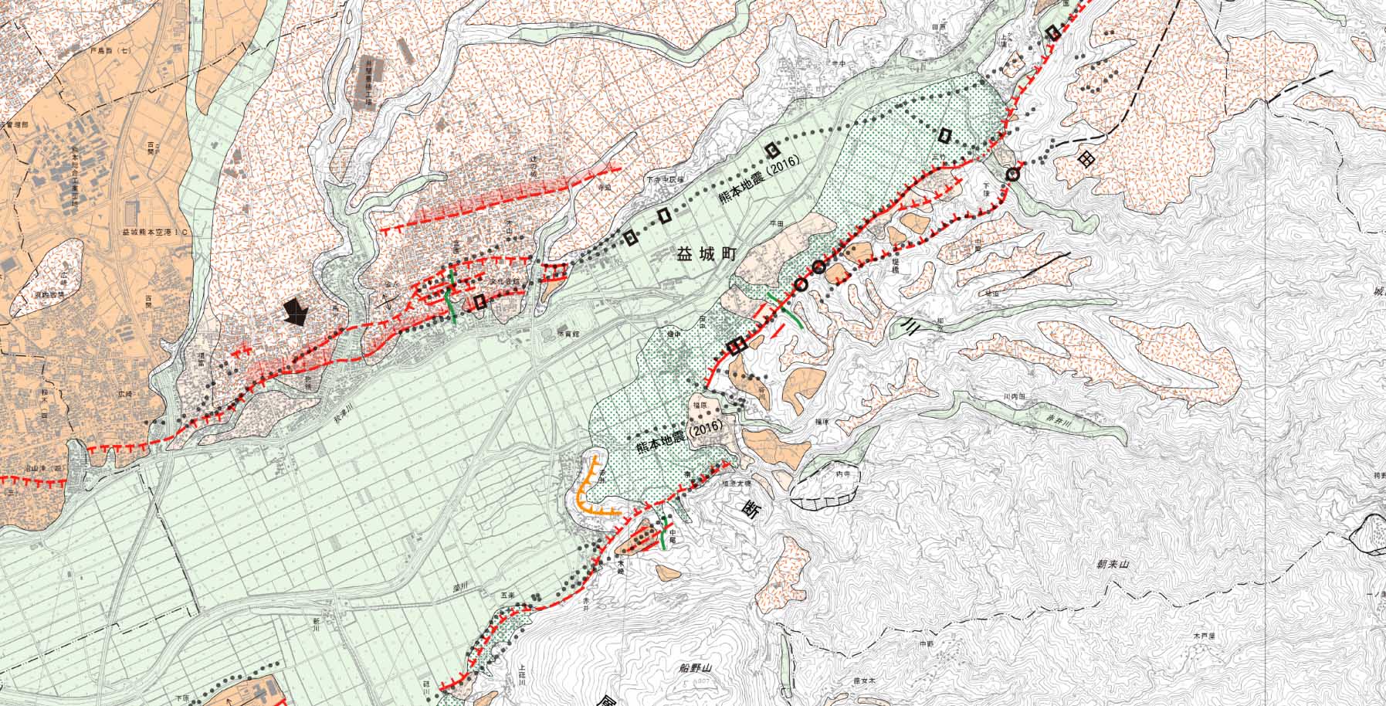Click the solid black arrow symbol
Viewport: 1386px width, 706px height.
point(295,311)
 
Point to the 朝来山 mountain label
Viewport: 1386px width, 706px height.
point(1113,565)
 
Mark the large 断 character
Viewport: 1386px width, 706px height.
point(750,509)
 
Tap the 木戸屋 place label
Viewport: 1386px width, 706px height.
point(1204,636)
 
